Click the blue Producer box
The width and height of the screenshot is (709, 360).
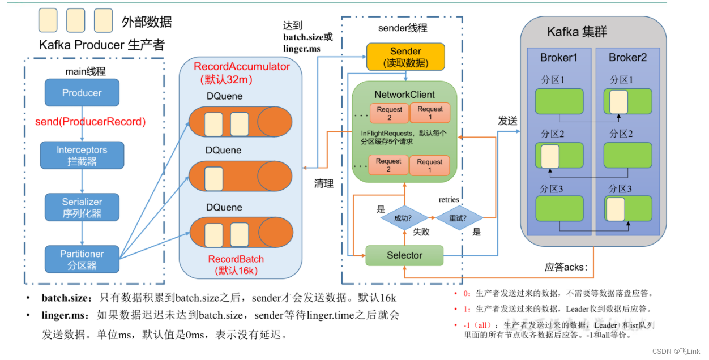click(82, 93)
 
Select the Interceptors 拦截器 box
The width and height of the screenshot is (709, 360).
click(82, 156)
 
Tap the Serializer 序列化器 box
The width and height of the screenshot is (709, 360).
click(82, 207)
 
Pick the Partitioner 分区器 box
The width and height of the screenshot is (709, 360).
click(82, 259)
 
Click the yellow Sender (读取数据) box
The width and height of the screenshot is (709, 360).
click(405, 57)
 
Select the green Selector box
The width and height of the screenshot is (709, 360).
click(404, 255)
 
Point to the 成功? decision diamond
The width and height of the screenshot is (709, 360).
click(404, 218)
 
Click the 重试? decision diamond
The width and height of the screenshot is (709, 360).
click(459, 218)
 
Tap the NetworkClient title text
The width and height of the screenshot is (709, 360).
click(404, 95)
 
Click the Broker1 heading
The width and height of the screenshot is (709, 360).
click(558, 58)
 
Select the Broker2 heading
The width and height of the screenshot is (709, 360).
click(627, 58)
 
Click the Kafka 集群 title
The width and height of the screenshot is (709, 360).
click(576, 32)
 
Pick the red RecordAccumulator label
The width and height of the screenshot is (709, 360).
click(242, 67)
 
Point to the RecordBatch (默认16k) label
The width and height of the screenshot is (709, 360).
click(236, 264)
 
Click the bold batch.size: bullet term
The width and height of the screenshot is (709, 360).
click(66, 298)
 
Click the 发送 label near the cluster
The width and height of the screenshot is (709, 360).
click(507, 121)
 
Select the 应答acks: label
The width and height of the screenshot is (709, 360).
click(566, 267)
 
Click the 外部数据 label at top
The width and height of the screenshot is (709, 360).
click(147, 22)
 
